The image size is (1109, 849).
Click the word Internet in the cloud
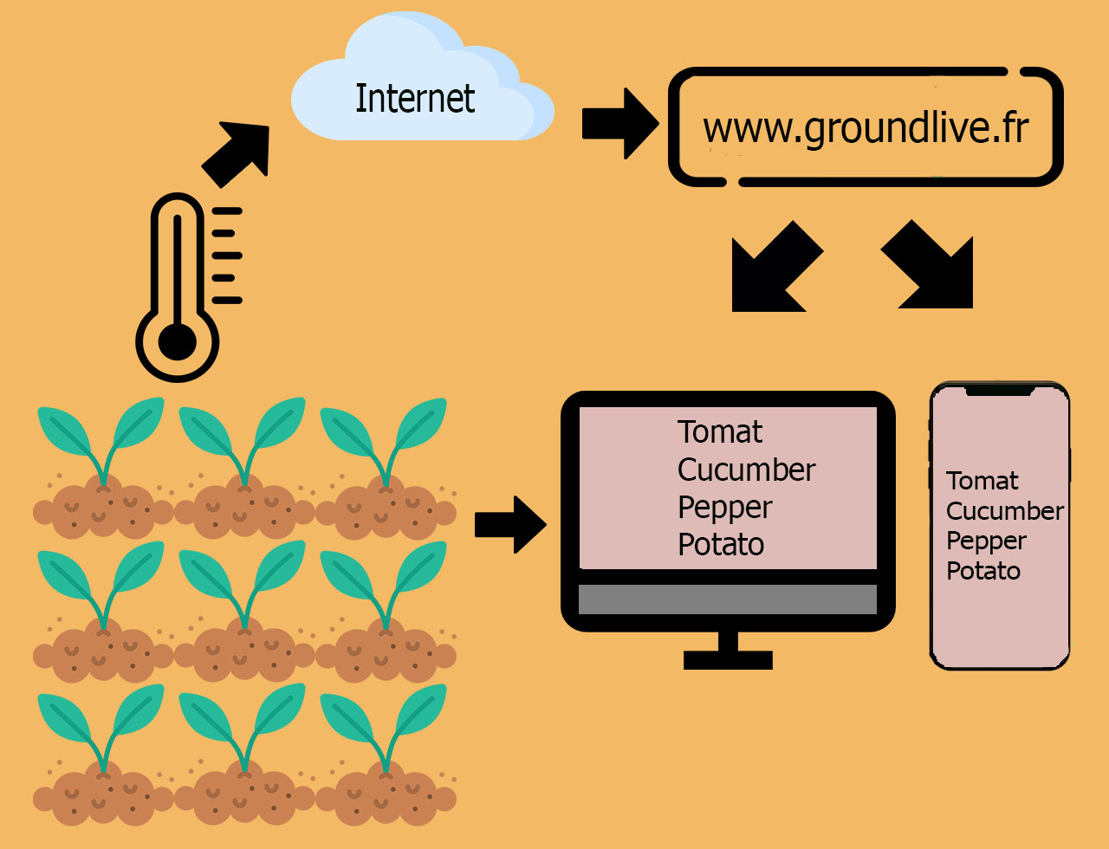point(415,98)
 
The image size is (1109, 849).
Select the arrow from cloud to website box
point(620,124)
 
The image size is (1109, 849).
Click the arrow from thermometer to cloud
point(236,154)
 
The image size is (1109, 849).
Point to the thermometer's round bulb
point(177,342)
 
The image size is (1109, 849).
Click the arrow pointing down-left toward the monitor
point(777,267)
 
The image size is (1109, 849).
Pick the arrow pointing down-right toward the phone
point(927,264)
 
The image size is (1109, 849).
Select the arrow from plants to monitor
point(510,524)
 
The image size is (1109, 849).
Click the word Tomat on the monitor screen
point(720,432)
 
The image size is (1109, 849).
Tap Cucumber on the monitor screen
point(746,470)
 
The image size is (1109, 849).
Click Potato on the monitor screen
point(721,544)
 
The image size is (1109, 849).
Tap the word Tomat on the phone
point(982,481)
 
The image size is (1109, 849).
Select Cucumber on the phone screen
point(1004,511)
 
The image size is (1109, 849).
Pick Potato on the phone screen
point(983,571)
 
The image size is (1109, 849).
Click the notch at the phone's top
point(1000,391)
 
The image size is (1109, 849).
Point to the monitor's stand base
point(728,660)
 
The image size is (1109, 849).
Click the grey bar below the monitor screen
point(728,599)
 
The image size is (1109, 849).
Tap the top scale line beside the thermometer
point(227,211)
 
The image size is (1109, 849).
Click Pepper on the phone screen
point(986,541)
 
